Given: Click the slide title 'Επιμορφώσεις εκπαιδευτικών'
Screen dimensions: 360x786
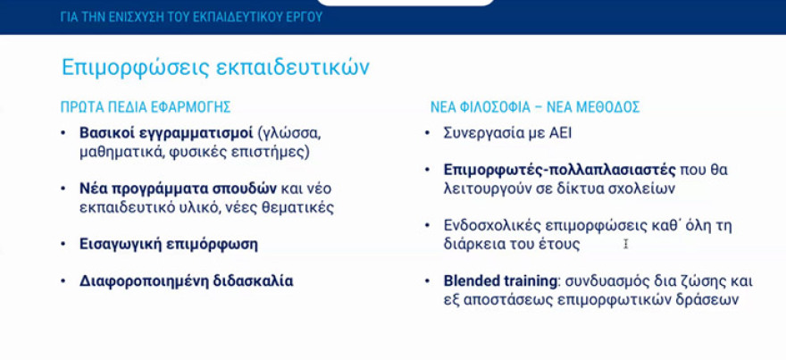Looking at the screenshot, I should (215, 68).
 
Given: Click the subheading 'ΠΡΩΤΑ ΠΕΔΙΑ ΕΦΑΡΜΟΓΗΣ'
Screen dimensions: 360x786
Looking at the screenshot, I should (146, 107).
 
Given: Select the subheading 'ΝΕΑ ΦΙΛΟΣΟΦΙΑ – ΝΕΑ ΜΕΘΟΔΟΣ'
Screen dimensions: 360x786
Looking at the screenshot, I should (535, 107).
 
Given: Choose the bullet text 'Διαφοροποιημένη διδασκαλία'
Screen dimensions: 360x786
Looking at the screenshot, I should (186, 280).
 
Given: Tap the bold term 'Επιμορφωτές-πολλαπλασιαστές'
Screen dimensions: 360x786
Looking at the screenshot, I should (541, 170).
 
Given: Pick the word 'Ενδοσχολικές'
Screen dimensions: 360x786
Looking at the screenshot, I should (488, 225).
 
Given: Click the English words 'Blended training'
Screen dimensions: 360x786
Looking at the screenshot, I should (499, 280).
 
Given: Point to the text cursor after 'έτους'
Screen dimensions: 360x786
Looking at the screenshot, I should (626, 243).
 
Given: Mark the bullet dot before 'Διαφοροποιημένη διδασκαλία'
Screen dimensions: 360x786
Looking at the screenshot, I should (63, 280).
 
